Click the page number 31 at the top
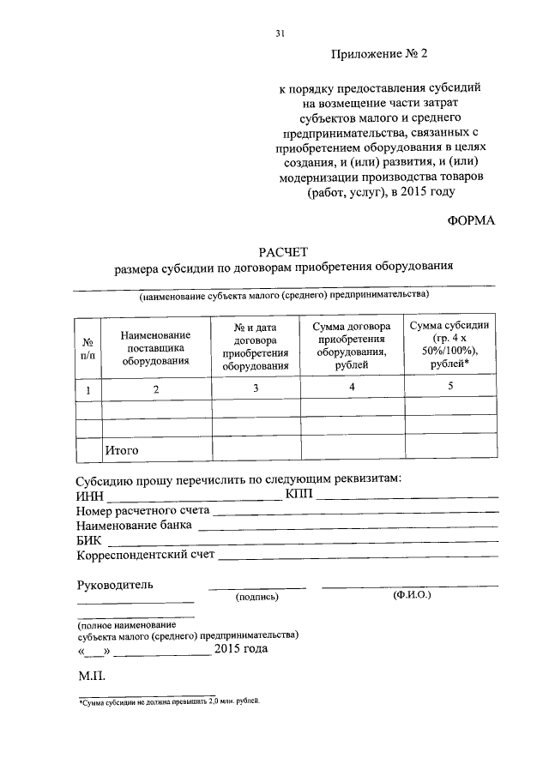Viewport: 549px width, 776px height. coord(280,33)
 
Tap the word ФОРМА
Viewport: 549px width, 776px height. coord(471,220)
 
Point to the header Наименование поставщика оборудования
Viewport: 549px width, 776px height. coord(155,348)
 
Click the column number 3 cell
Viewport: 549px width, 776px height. coord(255,388)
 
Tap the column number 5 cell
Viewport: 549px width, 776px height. coord(450,387)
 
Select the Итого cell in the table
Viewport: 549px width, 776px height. coord(121,449)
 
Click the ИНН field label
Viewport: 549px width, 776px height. coord(90,496)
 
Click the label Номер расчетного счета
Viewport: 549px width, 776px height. coord(142,511)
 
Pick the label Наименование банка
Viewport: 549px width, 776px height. coord(134,526)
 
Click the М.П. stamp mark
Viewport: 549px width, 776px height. coord(90,677)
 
